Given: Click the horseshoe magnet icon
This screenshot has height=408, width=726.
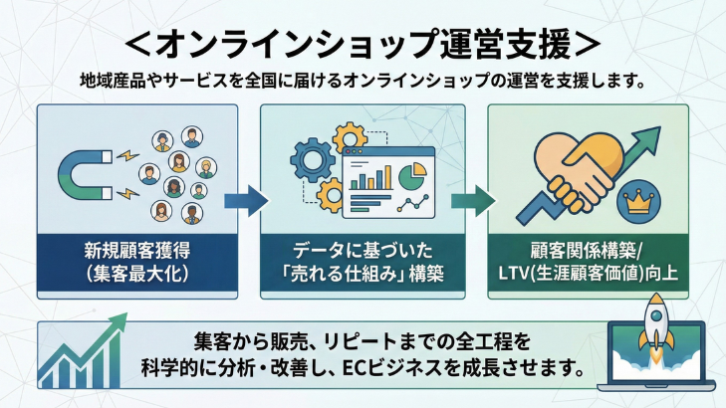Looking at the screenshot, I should pyautogui.click(x=85, y=170).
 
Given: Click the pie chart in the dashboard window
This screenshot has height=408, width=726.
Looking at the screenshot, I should pyautogui.click(x=408, y=174).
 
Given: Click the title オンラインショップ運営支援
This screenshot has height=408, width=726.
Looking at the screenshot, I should pyautogui.click(x=363, y=45).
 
